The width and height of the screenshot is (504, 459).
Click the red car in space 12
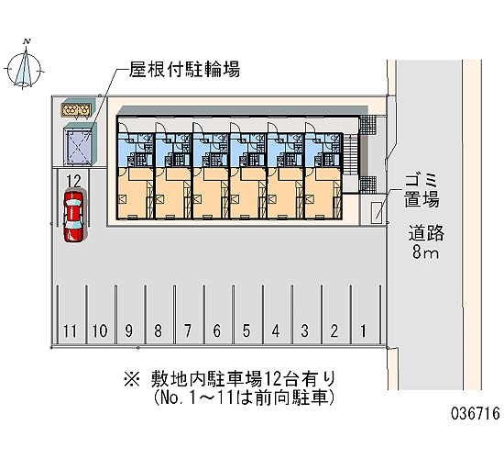tap(74, 216)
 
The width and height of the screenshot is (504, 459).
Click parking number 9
tap(128, 330)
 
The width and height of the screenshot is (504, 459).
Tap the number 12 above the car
tap(74, 181)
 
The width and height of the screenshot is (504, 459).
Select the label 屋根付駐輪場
tap(184, 69)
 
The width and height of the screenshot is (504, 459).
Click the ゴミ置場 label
tap(422, 190)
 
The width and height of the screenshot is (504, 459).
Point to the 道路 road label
tap(426, 233)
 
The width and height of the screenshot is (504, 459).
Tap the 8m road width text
tap(425, 252)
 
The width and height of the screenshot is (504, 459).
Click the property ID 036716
tap(476, 413)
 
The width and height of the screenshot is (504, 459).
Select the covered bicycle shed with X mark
tap(78, 143)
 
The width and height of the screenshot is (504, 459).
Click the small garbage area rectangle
tap(376, 212)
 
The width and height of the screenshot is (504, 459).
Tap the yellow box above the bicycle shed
tap(75, 110)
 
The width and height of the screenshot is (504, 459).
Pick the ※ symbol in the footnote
tap(131, 379)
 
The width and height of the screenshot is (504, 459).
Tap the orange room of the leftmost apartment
tap(135, 194)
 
